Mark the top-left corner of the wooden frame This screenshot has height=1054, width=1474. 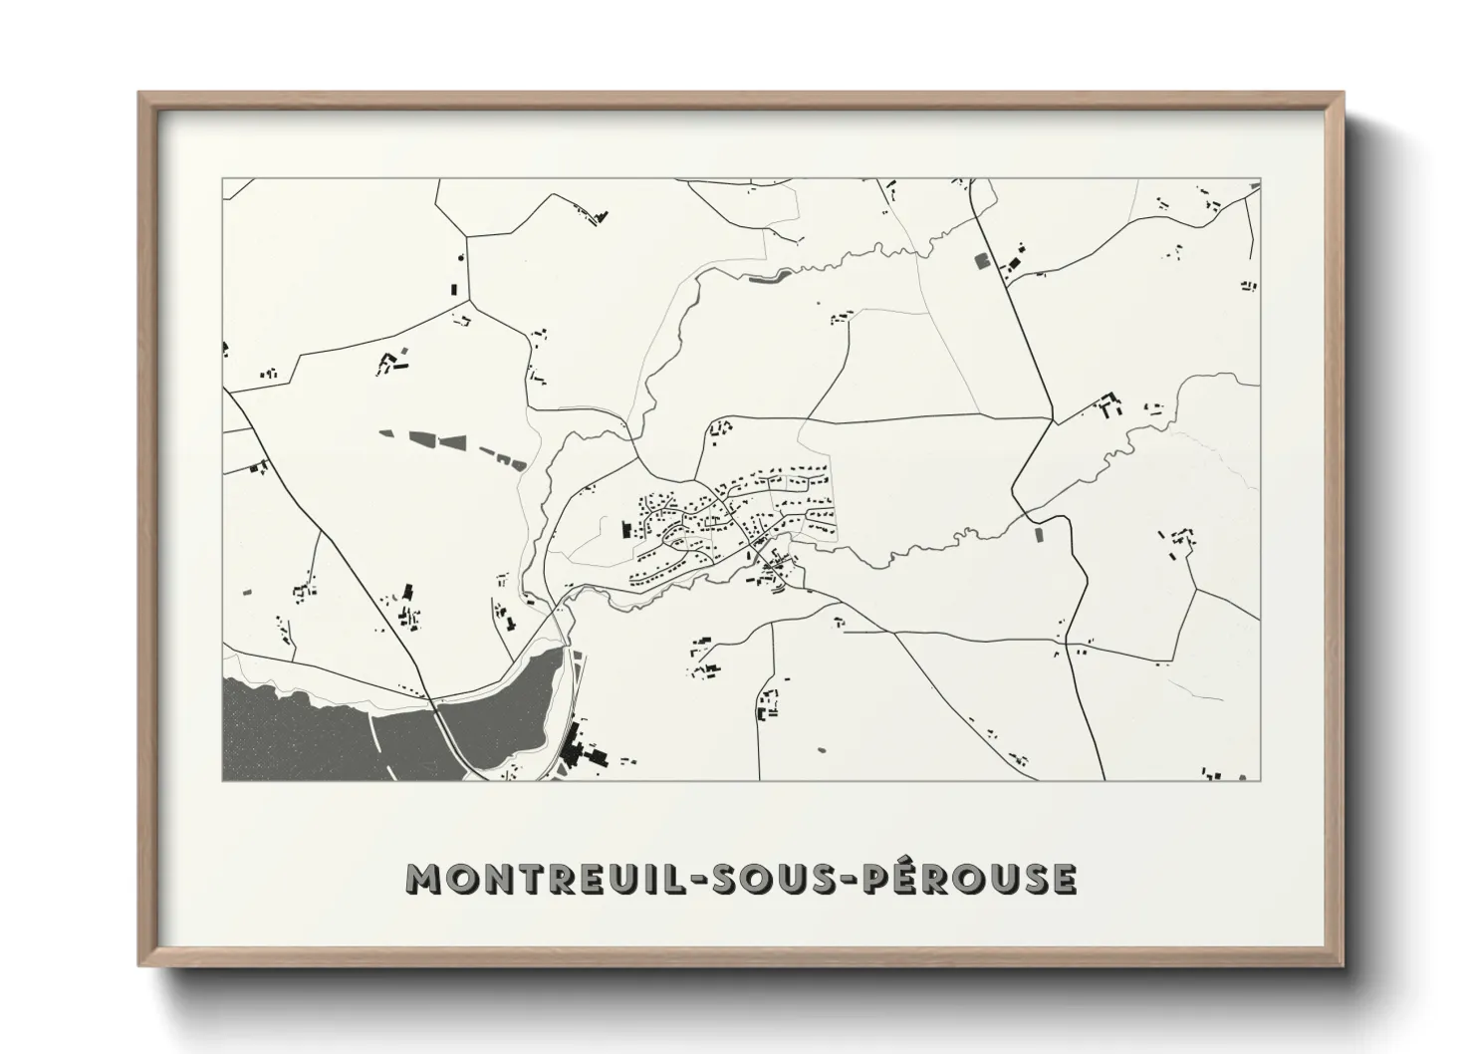(x=140, y=95)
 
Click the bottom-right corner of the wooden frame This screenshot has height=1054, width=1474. (x=1342, y=964)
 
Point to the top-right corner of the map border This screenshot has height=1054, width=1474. (x=1260, y=179)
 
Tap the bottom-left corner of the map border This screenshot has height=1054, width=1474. (x=223, y=780)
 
